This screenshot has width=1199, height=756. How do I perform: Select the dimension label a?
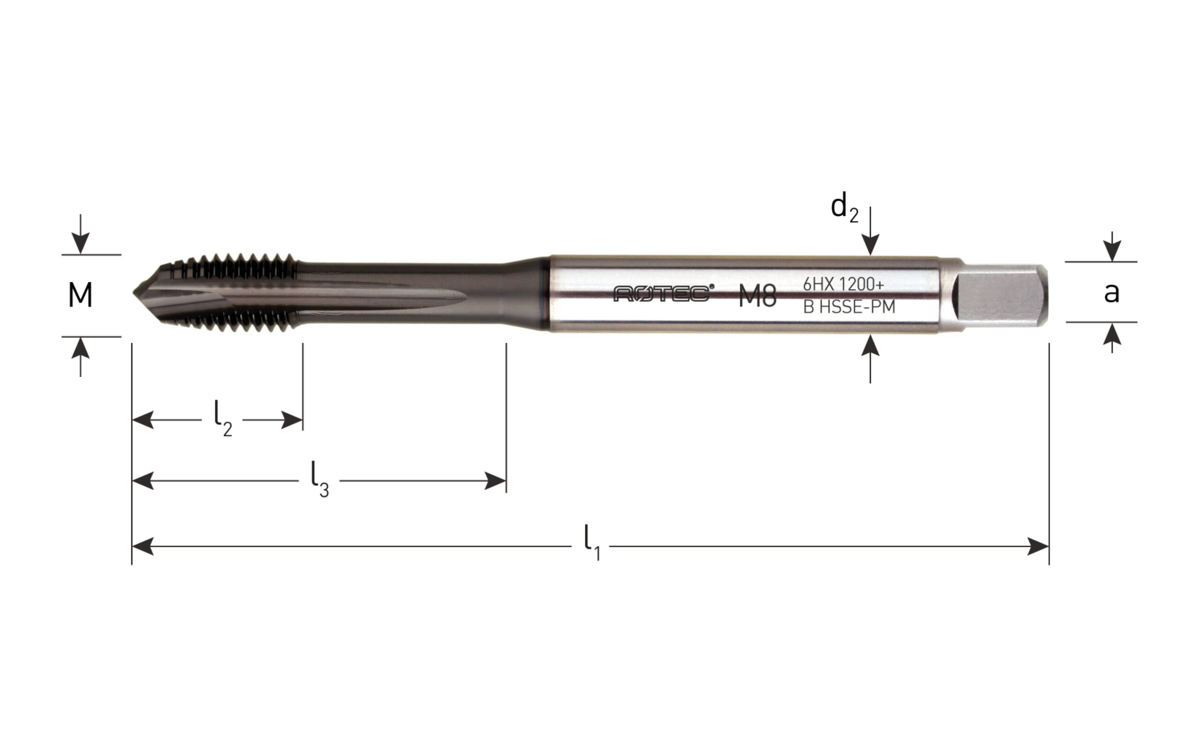[1111, 293]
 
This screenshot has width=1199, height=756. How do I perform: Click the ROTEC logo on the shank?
[664, 293]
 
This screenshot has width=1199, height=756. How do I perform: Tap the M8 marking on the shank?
[757, 297]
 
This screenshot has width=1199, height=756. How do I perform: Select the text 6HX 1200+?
[844, 284]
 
